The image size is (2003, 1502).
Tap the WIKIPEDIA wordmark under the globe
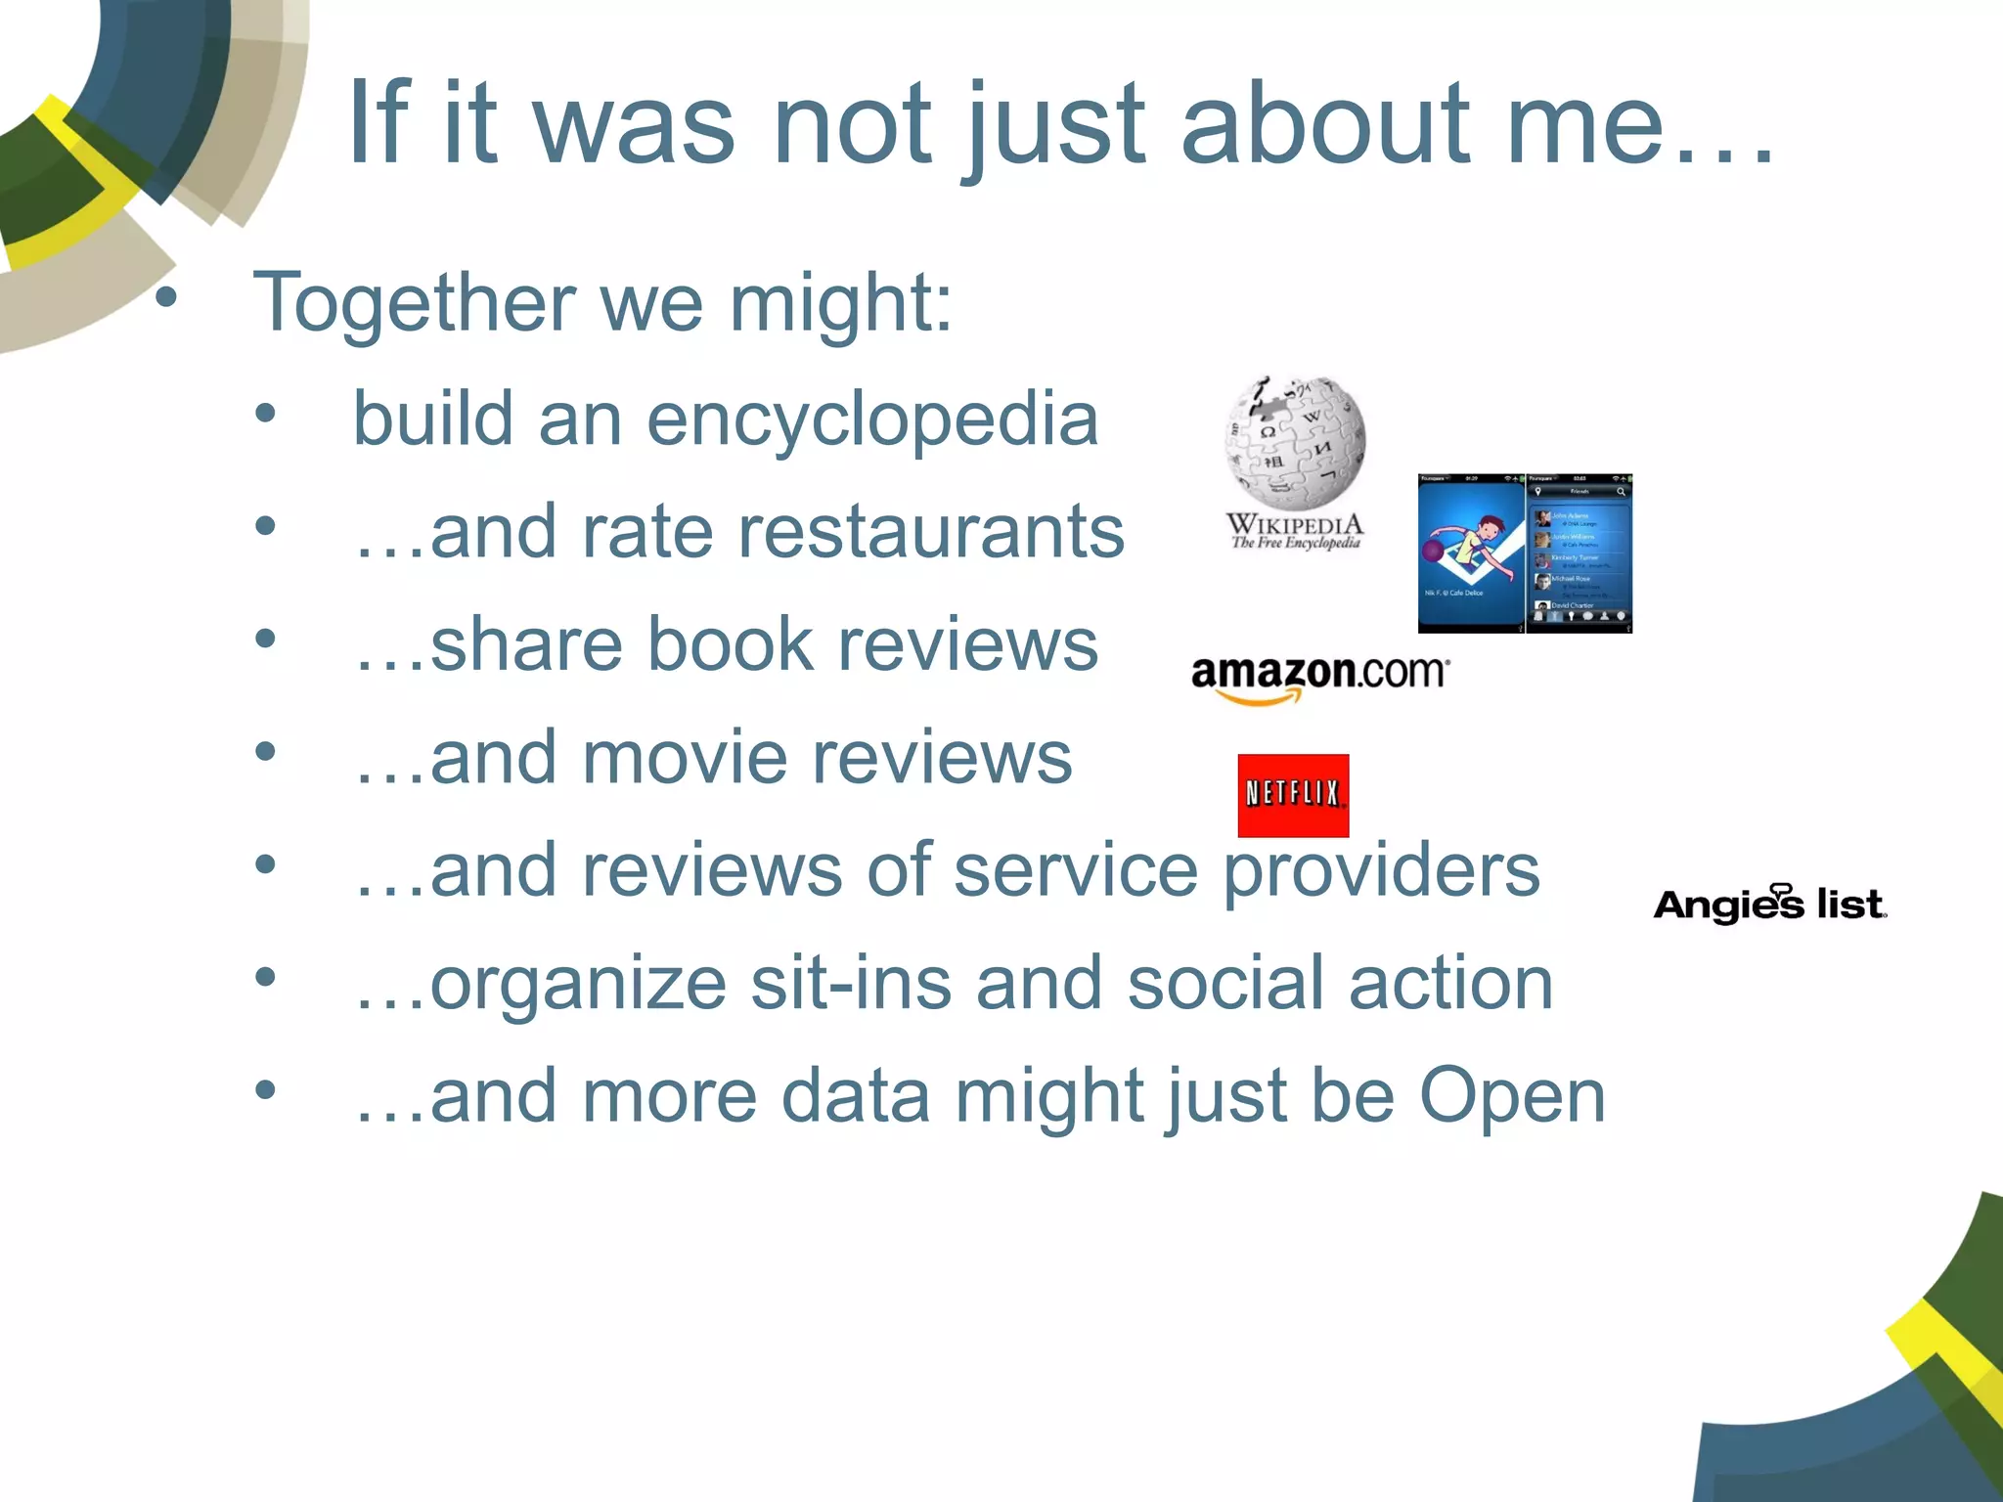coord(1294,524)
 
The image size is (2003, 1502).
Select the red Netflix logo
coord(1293,795)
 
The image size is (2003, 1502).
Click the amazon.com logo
coord(1318,674)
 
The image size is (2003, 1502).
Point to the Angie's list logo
coord(1769,904)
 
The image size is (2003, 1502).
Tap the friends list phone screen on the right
coord(1579,553)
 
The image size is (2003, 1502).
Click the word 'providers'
coord(1381,870)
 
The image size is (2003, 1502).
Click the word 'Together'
coord(413,303)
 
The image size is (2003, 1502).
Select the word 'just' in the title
coord(1052,127)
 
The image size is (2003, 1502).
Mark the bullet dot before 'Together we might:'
coord(166,297)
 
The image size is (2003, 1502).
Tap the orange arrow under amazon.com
coord(1258,697)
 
